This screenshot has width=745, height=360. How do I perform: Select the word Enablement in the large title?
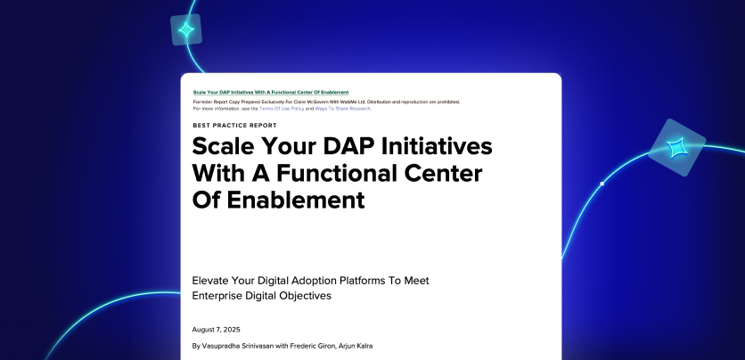[x=296, y=200]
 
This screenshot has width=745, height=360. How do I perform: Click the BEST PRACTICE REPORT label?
[x=234, y=126]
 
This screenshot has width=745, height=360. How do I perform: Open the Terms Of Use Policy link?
[x=282, y=109]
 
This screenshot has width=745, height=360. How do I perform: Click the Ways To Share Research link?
[x=342, y=109]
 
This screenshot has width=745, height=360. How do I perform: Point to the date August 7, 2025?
[x=217, y=330]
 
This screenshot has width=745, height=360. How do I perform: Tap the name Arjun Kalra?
[x=356, y=346]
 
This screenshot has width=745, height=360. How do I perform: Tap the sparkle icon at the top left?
[x=186, y=30]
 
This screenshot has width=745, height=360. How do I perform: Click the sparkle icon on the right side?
[x=676, y=147]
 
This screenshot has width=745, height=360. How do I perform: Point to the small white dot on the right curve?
[x=602, y=184]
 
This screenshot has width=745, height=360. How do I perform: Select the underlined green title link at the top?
[x=271, y=92]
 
